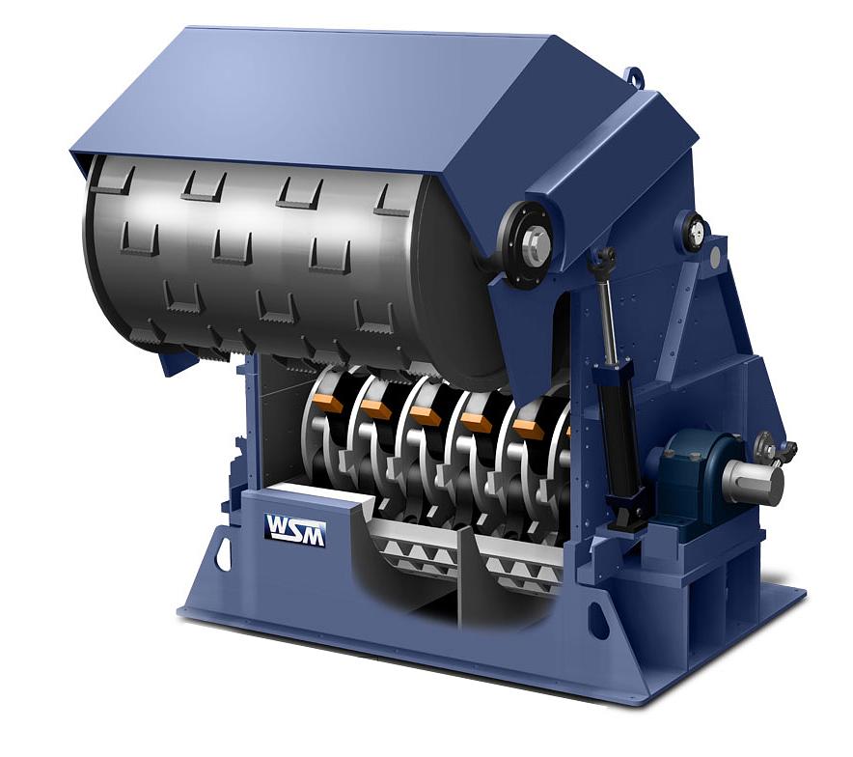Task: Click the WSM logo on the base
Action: pyautogui.click(x=295, y=529)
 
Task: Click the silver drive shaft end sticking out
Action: pyautogui.click(x=755, y=483)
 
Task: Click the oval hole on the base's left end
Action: pyautogui.click(x=223, y=555)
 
